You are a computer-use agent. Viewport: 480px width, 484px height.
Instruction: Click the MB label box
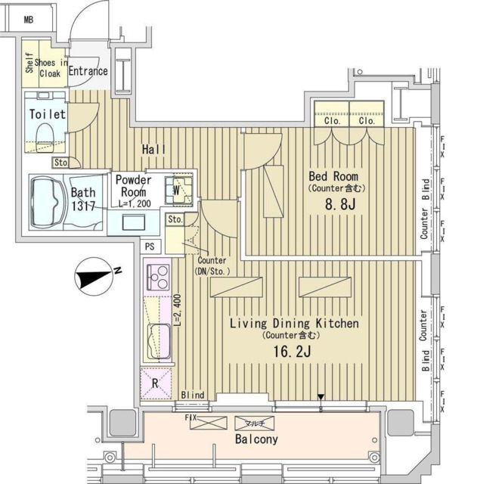[x=28, y=18]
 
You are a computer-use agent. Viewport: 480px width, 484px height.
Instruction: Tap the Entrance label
[x=88, y=71]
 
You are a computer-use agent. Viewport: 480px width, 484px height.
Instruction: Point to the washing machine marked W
[x=181, y=189]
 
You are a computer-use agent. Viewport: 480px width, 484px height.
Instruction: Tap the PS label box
[x=150, y=245]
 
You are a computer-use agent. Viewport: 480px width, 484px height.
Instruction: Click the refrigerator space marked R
[x=156, y=383]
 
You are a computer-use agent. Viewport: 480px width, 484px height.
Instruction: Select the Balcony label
[x=255, y=439]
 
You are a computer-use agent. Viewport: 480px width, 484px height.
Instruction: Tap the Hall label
[x=154, y=150]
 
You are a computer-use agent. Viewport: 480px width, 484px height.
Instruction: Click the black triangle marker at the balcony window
[x=321, y=397]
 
